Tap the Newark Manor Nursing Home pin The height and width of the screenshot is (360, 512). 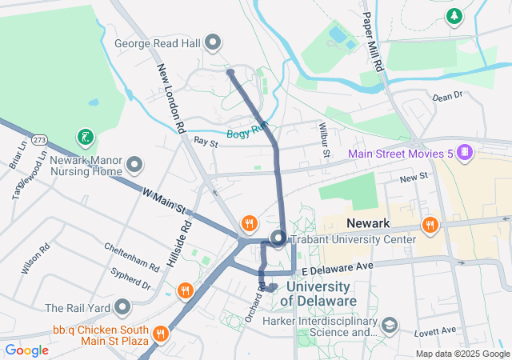(x=134, y=166)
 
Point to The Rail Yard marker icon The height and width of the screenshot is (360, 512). (x=122, y=307)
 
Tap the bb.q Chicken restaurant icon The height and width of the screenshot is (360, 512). (x=161, y=333)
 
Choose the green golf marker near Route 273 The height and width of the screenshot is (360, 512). (x=84, y=137)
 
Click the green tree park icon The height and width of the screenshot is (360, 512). (x=454, y=15)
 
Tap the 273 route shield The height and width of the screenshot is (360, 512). (x=41, y=140)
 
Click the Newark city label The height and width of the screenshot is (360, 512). (x=367, y=223)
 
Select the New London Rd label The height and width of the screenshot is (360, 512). (x=171, y=98)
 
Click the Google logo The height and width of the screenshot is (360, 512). (x=26, y=350)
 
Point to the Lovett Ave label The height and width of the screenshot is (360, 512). (x=435, y=330)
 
